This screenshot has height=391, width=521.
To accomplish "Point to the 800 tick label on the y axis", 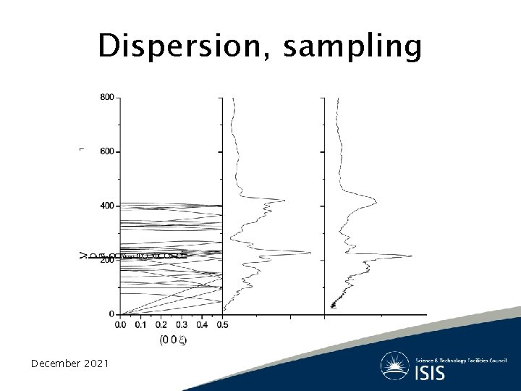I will (106, 97).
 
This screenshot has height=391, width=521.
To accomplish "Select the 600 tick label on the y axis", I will (106, 151).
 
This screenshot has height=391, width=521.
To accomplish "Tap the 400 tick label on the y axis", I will (106, 206).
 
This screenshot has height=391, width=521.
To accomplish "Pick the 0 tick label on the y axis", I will (111, 314).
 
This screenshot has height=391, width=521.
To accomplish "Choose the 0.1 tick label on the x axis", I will (140, 325).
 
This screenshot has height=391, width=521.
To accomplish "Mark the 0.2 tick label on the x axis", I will (161, 325).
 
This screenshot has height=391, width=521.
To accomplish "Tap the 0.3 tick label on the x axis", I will (181, 325).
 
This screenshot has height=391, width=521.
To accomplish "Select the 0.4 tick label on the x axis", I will (202, 325).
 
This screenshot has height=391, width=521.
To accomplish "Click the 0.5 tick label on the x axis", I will (222, 325).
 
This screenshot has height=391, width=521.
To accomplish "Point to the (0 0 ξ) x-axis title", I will (171, 340).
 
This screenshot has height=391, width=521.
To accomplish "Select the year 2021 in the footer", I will (96, 363).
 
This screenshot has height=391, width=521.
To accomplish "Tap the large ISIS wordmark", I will (430, 373).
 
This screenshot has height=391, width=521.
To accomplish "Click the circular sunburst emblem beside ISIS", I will (395, 366).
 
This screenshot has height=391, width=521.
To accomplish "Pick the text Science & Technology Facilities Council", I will (460, 360).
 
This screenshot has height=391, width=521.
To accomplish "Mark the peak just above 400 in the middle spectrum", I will (284, 201).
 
